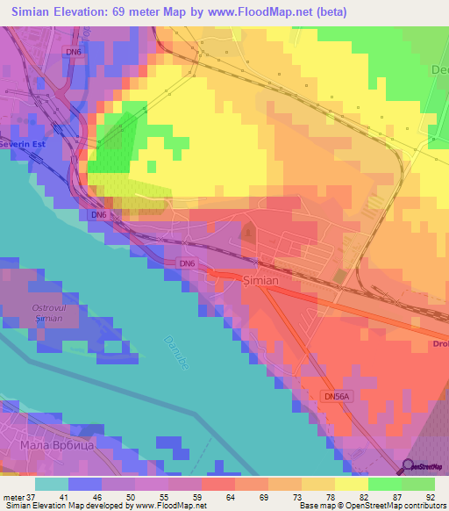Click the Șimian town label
point(260,281)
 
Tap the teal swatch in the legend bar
point(51,484)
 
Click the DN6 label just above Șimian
point(186,263)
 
